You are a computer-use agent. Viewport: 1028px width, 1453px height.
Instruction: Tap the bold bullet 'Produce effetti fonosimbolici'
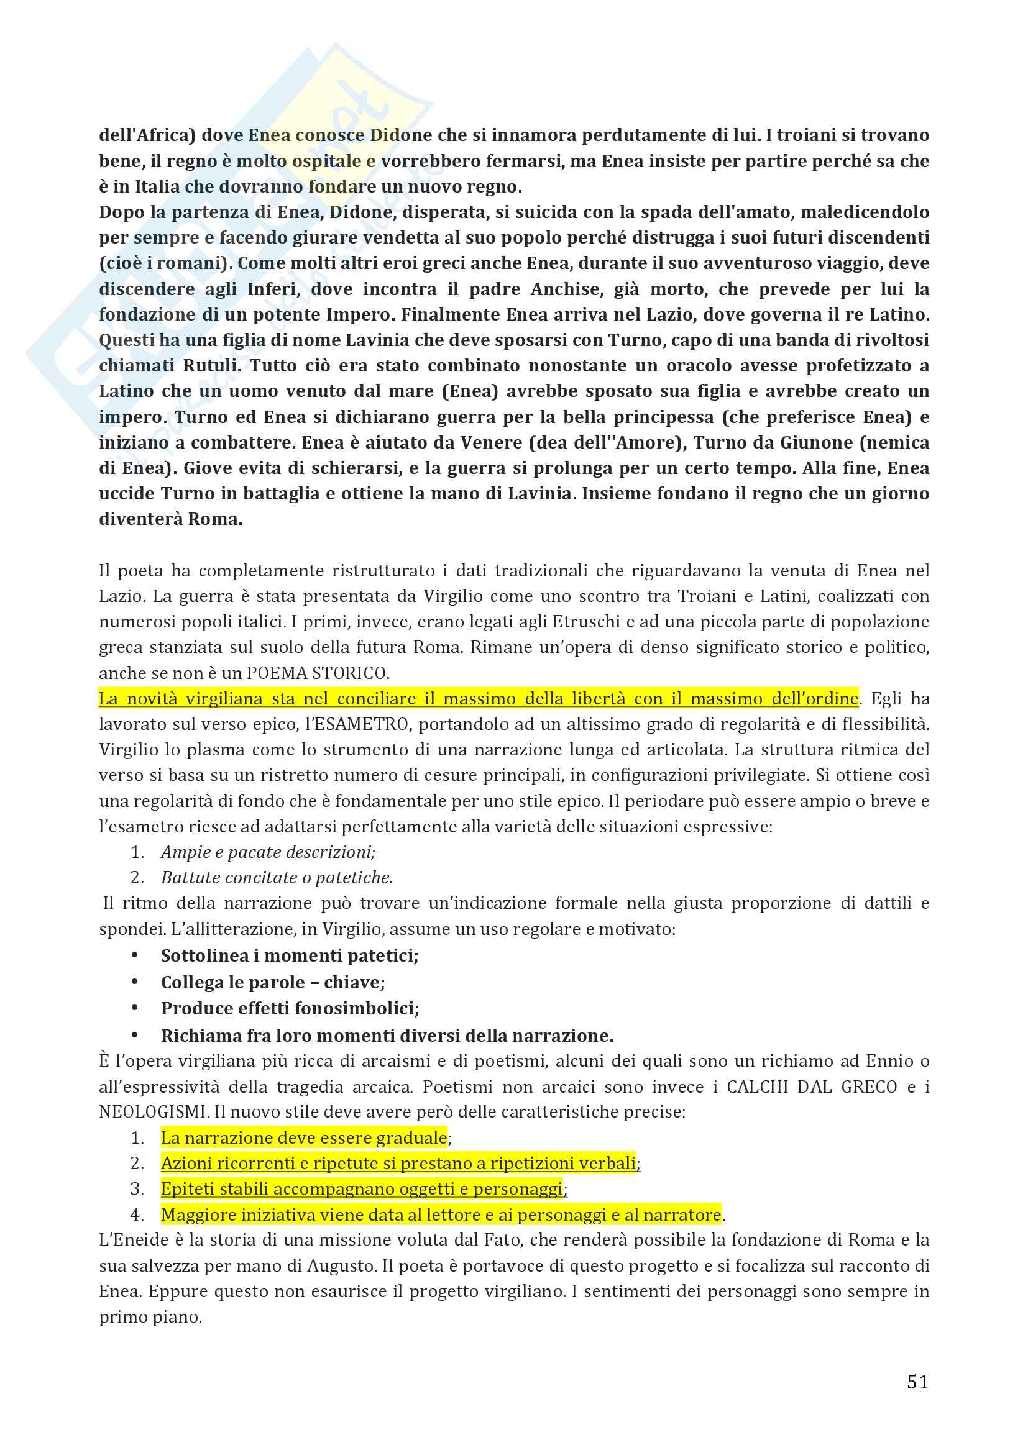(x=290, y=1008)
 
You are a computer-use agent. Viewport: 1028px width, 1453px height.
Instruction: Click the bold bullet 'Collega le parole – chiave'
(x=273, y=982)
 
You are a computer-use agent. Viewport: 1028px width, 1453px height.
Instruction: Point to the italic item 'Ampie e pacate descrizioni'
(x=268, y=852)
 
